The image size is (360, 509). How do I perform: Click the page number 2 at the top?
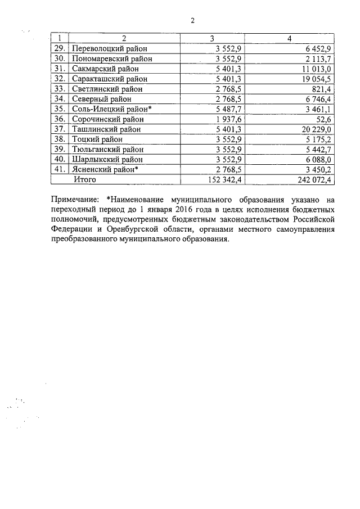[x=192, y=21]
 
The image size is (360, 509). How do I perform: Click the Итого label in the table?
[x=84, y=180]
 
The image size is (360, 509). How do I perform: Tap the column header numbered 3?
[x=212, y=38]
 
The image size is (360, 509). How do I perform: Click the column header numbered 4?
[x=289, y=38]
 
